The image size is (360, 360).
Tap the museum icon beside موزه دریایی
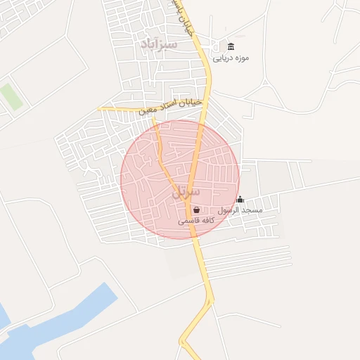(x=232, y=46)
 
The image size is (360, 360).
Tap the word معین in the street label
(x=147, y=111)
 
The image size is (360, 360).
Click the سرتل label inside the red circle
(x=186, y=191)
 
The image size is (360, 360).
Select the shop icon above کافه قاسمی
(x=195, y=209)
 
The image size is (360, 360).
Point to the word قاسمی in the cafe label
(x=186, y=220)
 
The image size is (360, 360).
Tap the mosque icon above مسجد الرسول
(x=240, y=199)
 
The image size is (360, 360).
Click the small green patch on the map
(x=10, y=96)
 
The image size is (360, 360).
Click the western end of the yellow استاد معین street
(x=100, y=109)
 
